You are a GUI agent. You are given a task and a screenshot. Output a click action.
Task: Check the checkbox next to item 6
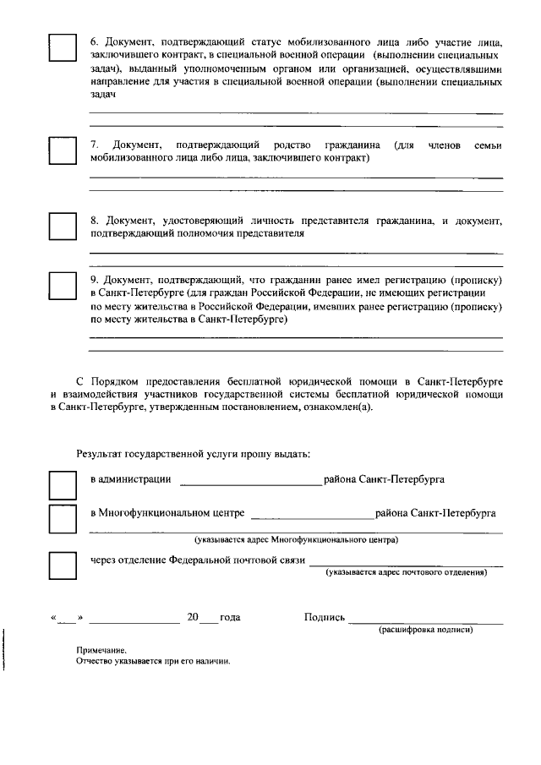pos(62,47)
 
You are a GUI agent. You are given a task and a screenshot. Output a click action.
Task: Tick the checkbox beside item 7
pos(62,150)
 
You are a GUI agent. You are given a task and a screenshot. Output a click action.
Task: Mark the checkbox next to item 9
pos(62,286)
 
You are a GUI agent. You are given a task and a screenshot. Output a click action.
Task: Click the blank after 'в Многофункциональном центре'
pos(312,516)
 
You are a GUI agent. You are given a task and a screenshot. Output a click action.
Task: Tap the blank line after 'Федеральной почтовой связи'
pos(406,563)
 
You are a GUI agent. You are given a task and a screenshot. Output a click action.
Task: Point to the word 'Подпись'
pos(325,617)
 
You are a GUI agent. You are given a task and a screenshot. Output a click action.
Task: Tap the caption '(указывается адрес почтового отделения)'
pos(406,573)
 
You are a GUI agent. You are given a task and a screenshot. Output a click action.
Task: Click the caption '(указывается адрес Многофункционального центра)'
pos(296,539)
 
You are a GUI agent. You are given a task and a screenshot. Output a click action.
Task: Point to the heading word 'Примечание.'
pos(101,651)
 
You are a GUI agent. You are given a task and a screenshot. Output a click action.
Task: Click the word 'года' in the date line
pos(230,617)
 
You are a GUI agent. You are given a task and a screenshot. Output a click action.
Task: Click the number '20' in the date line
pos(193,617)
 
